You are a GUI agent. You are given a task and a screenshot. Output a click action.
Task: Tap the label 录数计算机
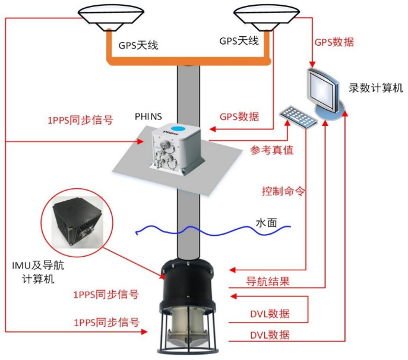tap(376, 89)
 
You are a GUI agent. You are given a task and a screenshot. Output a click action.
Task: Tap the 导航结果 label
tap(268, 281)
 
